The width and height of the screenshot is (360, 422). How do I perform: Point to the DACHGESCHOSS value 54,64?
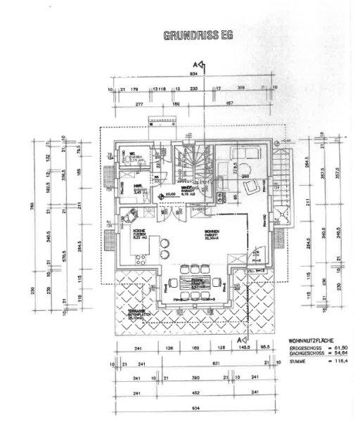pos(342,354)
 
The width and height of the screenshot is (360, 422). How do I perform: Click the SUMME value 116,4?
pos(342,361)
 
